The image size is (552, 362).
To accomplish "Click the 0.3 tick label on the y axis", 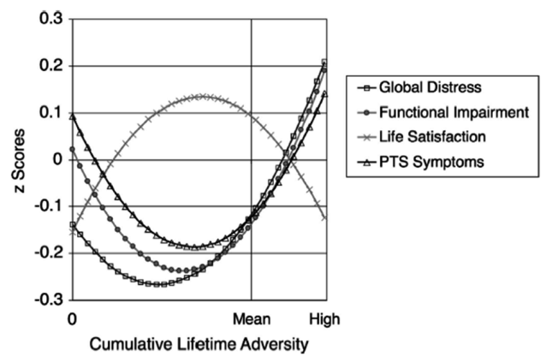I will (50, 19).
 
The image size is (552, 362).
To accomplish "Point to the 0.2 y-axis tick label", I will (50, 66).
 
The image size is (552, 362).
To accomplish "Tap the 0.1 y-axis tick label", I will (50, 113).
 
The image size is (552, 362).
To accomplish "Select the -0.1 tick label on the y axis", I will (47, 206).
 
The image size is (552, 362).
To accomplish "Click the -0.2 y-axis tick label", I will (47, 253).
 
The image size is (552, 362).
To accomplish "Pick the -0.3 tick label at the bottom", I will (47, 300).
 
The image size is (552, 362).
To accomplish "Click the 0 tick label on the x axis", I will (73, 319).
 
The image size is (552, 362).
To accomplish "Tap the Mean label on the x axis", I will (251, 319).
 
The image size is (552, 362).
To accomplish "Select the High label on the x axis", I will (324, 319).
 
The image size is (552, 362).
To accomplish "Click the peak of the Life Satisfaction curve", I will (201, 97).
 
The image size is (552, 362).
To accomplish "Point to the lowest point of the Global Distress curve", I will (155, 283).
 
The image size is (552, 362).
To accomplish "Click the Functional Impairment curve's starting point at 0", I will (73, 149).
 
